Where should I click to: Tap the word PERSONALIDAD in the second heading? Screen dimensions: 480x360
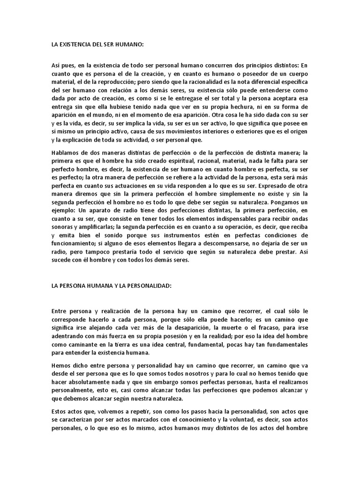144,286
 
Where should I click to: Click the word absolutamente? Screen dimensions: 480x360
88,383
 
